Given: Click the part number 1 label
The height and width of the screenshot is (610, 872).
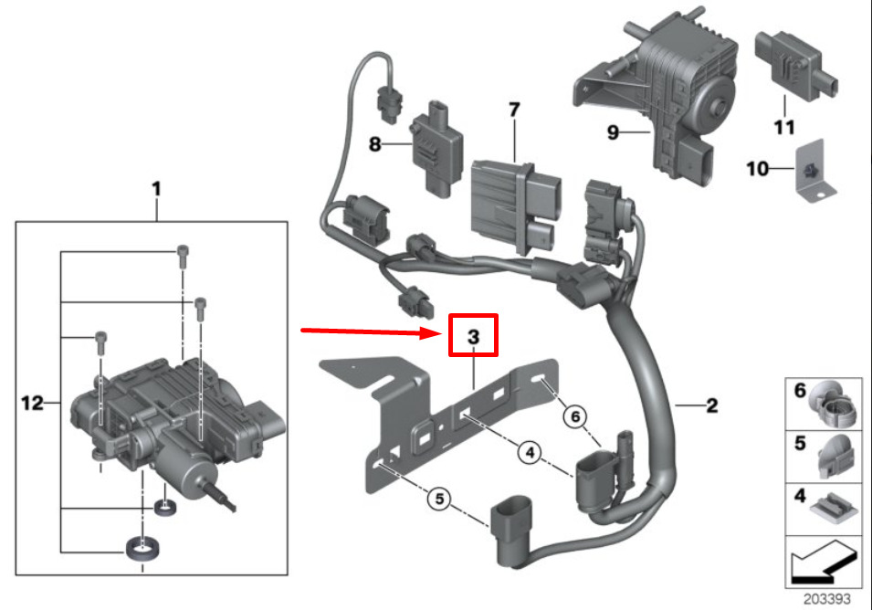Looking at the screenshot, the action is (x=156, y=189).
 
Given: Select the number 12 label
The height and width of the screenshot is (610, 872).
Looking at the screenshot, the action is (x=33, y=403).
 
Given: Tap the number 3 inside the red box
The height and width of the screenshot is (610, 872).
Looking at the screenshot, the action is (x=473, y=337).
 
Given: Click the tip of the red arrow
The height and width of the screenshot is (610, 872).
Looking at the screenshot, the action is (x=442, y=334).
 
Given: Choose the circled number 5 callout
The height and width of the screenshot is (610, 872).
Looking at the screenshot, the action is (x=438, y=500).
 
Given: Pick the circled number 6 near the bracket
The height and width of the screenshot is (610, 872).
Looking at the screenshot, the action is (x=574, y=415).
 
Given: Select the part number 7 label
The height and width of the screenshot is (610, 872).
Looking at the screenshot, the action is (x=514, y=110).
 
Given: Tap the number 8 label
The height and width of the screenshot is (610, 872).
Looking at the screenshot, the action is (x=374, y=144).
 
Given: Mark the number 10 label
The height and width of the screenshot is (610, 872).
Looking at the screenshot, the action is (x=756, y=168).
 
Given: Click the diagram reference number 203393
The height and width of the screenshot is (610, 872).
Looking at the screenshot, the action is (x=826, y=600).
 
